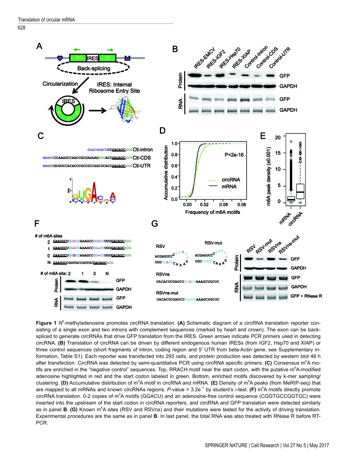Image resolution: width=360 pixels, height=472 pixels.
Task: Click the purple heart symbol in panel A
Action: click(59, 58)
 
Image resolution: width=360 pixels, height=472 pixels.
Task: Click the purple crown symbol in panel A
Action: click(127, 58)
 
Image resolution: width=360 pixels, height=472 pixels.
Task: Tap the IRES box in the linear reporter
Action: click(92, 58)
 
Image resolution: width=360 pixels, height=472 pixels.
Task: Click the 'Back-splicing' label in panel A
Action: click(94, 69)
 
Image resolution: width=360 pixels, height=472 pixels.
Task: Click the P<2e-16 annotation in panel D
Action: click(234, 154)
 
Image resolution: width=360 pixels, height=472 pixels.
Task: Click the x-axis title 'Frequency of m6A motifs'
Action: click(213, 212)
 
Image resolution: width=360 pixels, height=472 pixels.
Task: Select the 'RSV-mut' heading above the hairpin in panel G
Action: click(213, 243)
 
